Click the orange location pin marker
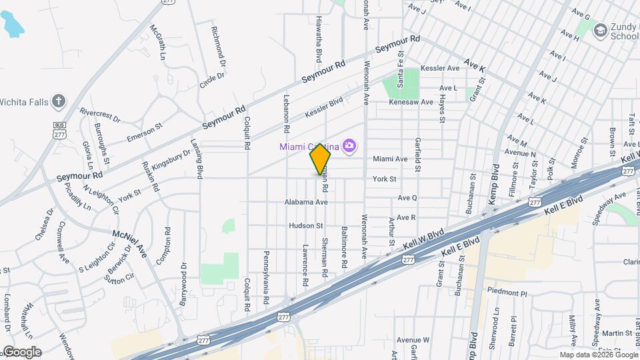[x=320, y=159]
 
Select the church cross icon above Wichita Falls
[x=59, y=101]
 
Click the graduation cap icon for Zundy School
[x=600, y=30]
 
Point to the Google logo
[x=21, y=352]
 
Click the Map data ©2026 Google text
[x=598, y=355]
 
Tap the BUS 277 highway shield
[x=60, y=129]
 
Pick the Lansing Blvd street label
[x=199, y=163]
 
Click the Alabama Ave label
[x=306, y=202]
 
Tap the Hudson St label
[x=305, y=225]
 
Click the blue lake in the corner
[x=11, y=25]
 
